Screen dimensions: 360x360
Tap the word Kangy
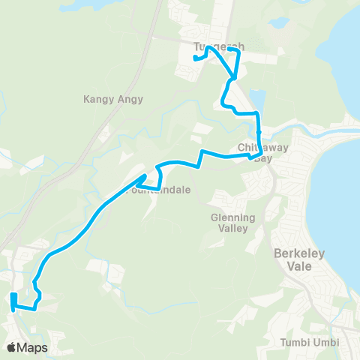(x=100, y=98)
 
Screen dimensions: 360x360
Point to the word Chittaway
(x=259, y=146)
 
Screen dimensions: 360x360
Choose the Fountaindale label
(x=160, y=190)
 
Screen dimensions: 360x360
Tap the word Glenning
(x=232, y=217)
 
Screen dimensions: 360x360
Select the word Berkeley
(x=299, y=253)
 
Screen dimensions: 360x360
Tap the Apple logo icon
(x=12, y=346)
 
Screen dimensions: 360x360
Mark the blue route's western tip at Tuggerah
(x=194, y=58)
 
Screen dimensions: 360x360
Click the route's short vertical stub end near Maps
(x=13, y=295)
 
